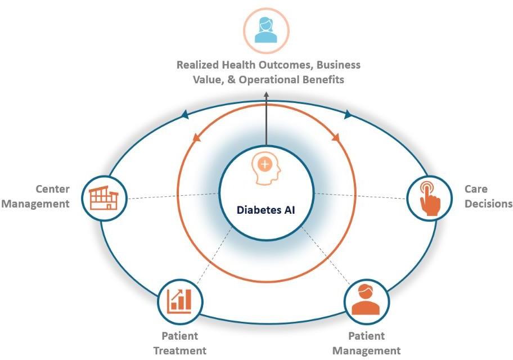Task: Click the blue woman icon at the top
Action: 266,30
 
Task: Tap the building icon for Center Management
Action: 103,197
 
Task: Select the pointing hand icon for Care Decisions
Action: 430,199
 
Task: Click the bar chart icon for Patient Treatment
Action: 179,301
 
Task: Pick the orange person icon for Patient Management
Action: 366,300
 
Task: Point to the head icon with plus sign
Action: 266,169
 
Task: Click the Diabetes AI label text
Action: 265,210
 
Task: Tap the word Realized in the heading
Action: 198,65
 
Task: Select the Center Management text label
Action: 35,196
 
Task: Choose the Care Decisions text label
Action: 488,196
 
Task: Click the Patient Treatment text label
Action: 180,343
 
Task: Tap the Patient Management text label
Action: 366,343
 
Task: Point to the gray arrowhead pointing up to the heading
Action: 266,94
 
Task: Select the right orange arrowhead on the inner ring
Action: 336,137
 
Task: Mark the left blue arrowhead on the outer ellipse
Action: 185,114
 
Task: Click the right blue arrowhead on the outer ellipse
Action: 348,114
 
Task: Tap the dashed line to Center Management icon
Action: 173,196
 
